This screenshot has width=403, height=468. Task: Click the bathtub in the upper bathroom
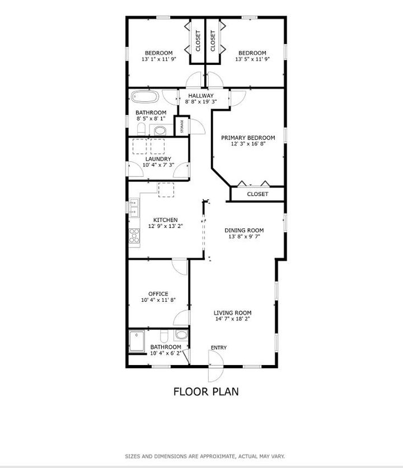145,97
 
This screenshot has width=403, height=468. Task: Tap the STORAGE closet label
181,127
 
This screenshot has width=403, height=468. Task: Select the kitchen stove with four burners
134,235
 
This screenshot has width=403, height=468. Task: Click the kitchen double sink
134,208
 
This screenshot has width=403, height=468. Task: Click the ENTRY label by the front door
218,348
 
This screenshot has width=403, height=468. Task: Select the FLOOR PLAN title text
205,391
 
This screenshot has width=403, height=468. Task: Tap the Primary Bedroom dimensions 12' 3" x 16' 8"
248,144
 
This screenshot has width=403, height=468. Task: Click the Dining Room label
244,230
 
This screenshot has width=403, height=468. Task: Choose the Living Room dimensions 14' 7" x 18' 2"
232,319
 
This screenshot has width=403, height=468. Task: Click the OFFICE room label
158,293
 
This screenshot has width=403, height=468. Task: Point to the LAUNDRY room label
158,158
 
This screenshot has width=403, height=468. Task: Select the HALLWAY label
201,96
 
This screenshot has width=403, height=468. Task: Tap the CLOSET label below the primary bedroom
257,194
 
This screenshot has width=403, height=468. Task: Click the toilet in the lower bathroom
164,336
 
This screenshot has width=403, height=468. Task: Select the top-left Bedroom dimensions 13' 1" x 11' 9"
159,59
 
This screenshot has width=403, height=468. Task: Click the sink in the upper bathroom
160,130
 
